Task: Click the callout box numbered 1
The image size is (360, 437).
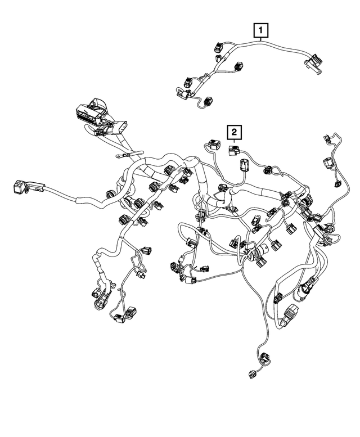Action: click(260, 29)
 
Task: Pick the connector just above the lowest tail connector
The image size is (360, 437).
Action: click(263, 355)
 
